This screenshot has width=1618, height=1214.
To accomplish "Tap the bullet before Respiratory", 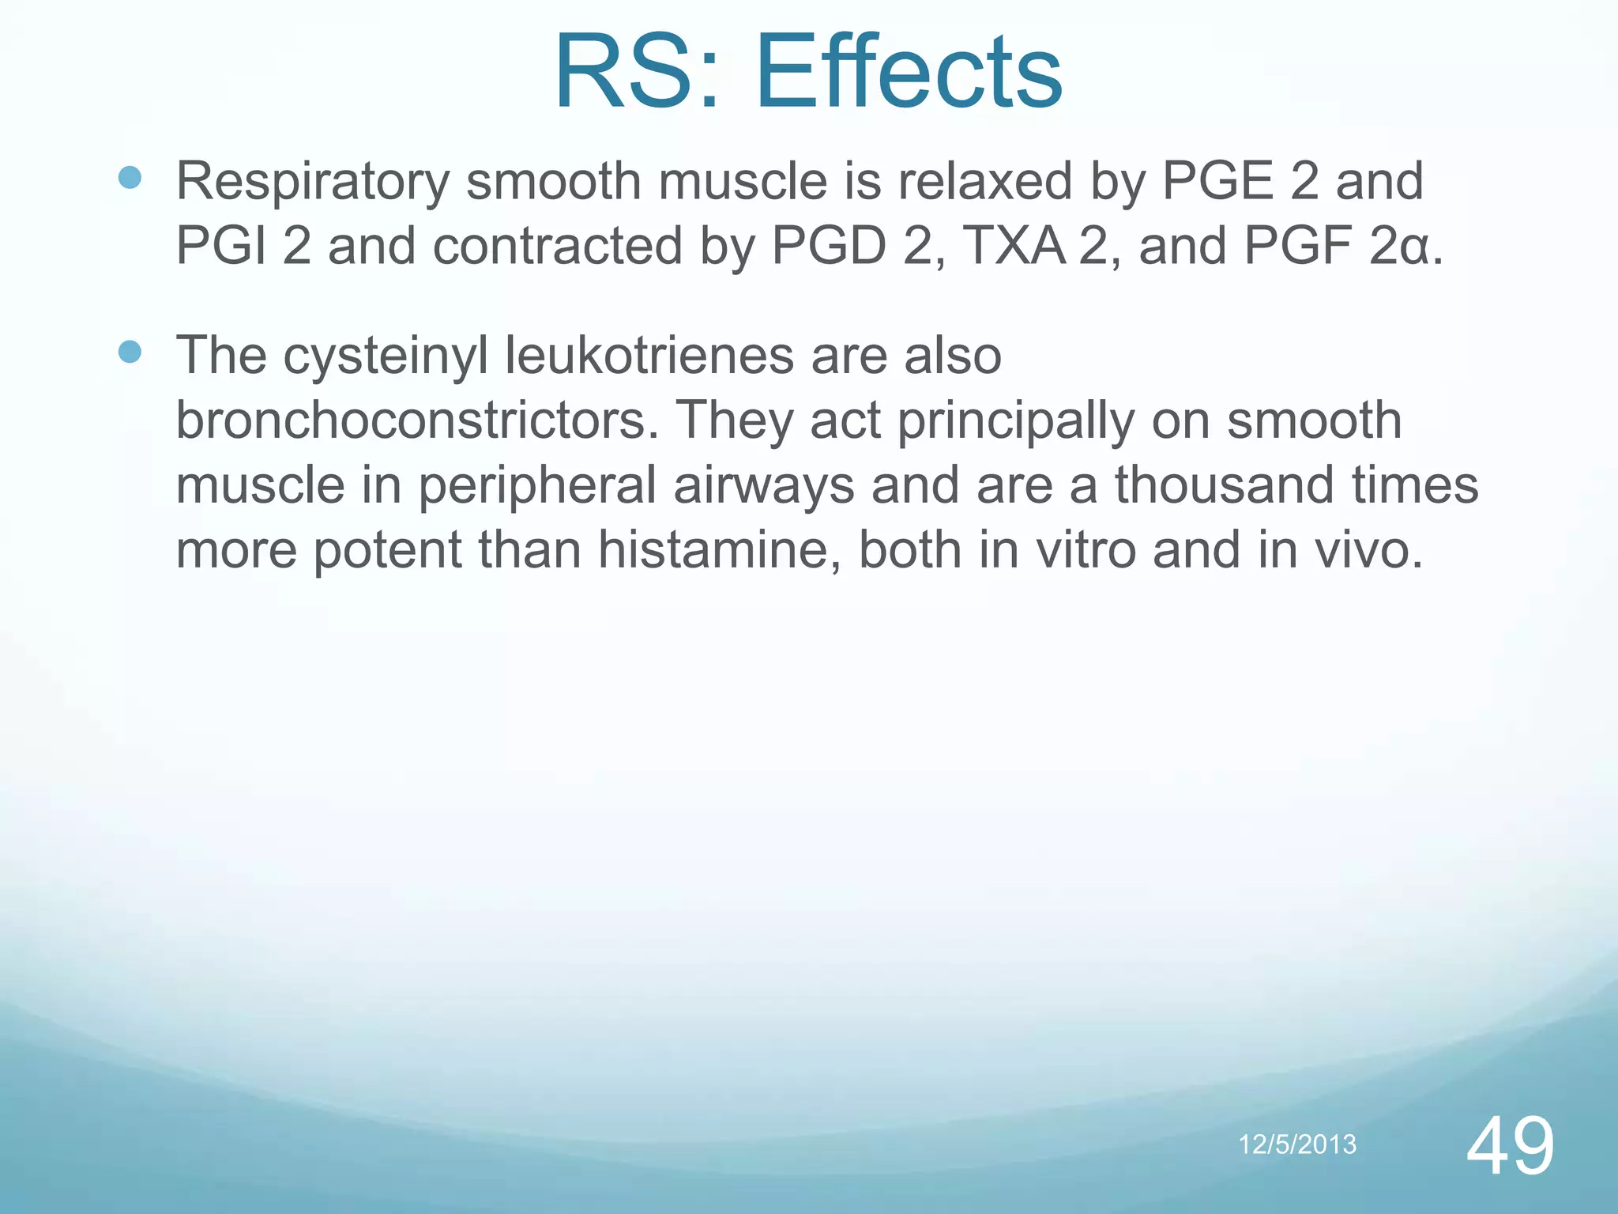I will click(x=130, y=177).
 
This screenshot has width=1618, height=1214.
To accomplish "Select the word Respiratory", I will click(x=312, y=182).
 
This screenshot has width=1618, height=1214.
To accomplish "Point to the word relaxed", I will click(x=984, y=182).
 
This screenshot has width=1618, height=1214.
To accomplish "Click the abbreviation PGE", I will click(x=1217, y=182).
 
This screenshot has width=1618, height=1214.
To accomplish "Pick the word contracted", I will click(x=557, y=247).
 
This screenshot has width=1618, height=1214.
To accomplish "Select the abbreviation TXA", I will click(x=1014, y=247).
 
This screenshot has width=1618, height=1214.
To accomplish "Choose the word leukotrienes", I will click(x=649, y=356).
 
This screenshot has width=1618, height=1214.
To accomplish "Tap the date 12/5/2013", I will click(x=1297, y=1144).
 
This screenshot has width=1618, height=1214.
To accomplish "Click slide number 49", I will click(x=1510, y=1146).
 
